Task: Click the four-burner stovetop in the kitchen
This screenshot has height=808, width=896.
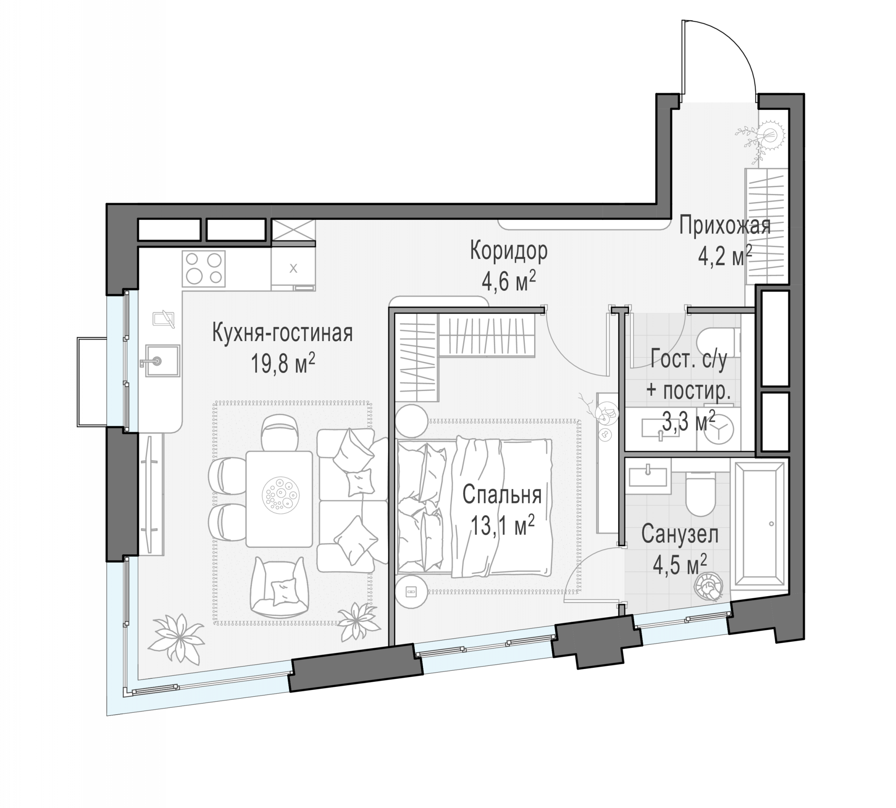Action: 203,269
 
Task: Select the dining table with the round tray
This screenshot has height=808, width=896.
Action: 279,499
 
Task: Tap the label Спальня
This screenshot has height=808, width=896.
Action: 502,494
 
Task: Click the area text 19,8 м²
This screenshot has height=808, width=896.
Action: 283,364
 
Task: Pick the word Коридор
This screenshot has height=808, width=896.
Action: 508,251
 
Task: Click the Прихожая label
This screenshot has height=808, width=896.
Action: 725,225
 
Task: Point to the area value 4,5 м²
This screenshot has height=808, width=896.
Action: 680,565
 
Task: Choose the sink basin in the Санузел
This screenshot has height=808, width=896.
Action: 648,476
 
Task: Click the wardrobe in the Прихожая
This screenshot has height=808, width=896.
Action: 766,226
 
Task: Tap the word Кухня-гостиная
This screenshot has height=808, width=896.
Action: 282,333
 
